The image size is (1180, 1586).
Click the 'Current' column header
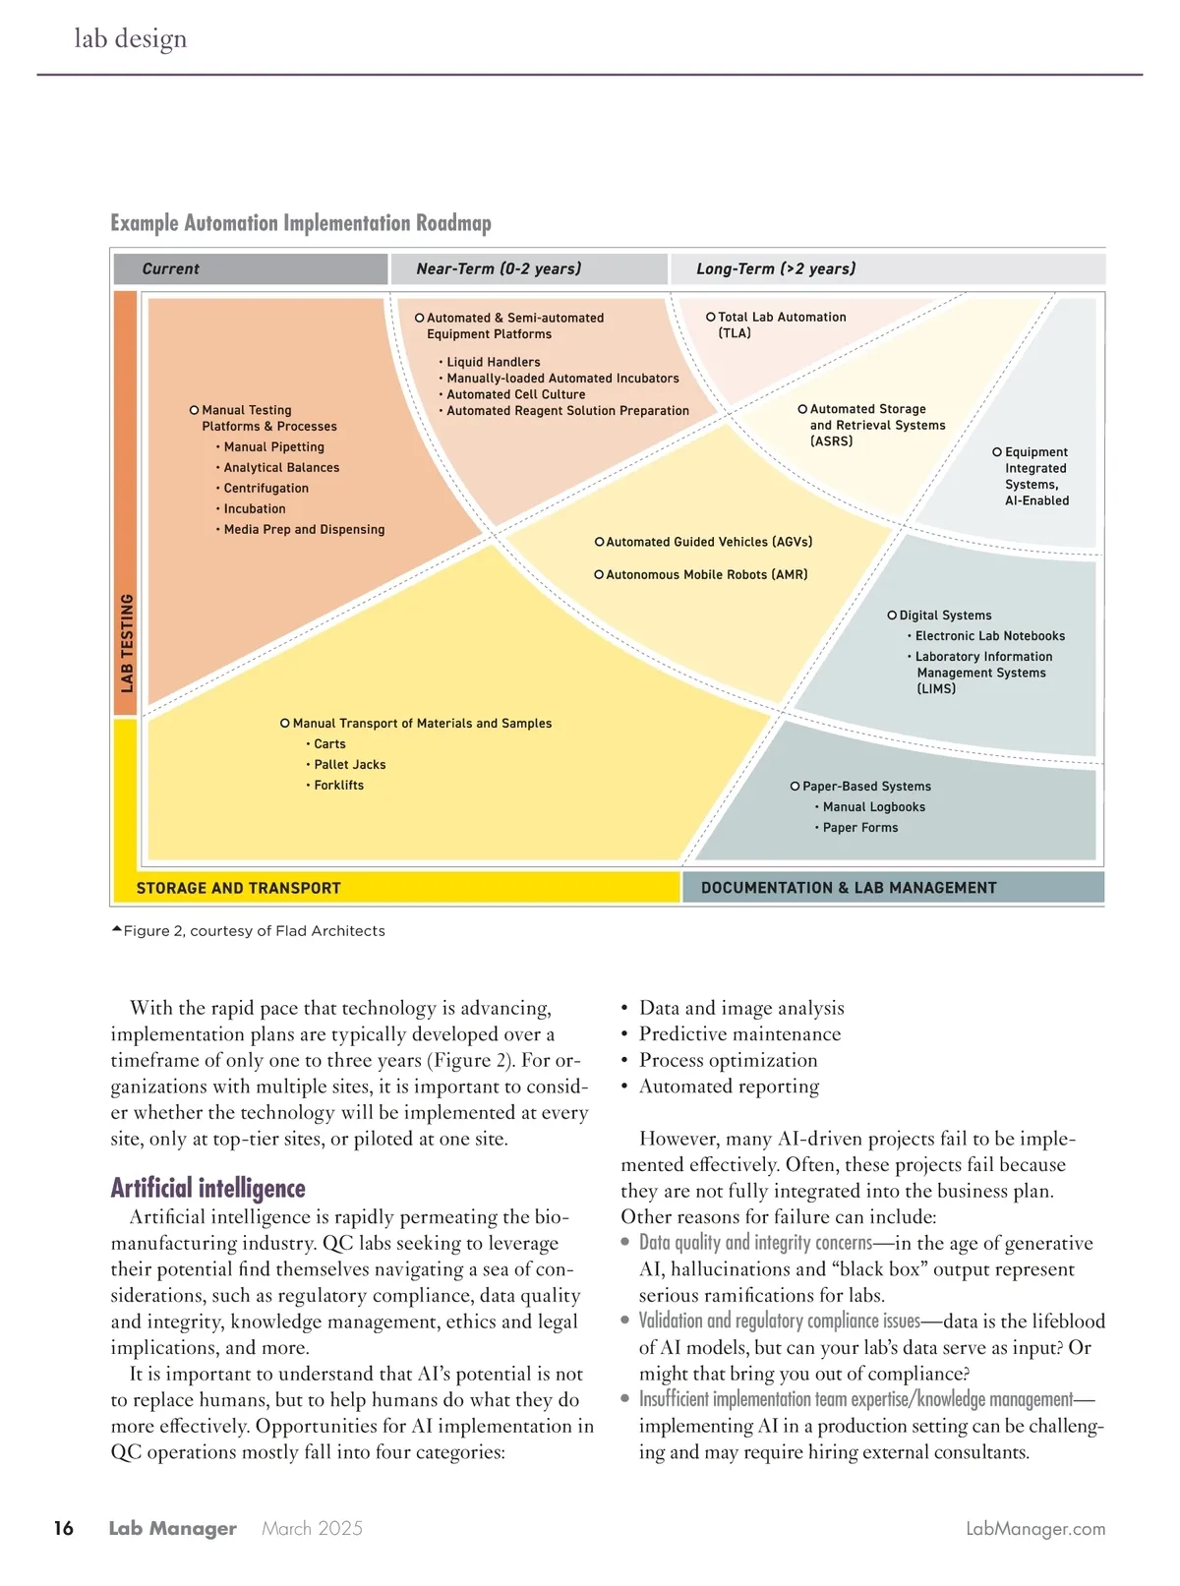tap(170, 268)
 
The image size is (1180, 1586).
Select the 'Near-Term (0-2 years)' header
tap(499, 268)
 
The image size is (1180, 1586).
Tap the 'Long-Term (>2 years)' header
tap(776, 268)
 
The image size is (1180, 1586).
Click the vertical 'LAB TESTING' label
tap(126, 643)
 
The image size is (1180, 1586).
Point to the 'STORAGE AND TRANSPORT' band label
tap(238, 888)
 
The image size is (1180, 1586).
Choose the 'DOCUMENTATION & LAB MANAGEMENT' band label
tap(849, 888)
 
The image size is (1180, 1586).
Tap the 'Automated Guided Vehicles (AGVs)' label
tap(709, 542)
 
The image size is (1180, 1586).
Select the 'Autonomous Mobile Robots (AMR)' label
tap(706, 574)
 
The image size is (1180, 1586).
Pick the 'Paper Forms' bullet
tap(860, 827)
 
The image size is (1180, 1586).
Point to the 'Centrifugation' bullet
tap(265, 488)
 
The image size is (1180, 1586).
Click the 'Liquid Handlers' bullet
tap(493, 362)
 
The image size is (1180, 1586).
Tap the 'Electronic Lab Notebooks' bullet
tap(989, 636)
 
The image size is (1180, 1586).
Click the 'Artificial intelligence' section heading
tap(208, 1188)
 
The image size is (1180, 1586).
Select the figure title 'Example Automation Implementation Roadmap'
tap(301, 223)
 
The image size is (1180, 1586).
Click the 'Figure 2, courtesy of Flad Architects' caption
tap(254, 930)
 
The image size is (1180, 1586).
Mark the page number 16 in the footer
tap(64, 1528)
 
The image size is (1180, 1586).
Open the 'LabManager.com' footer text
tap(1035, 1529)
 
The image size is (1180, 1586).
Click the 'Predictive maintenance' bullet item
tap(739, 1033)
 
